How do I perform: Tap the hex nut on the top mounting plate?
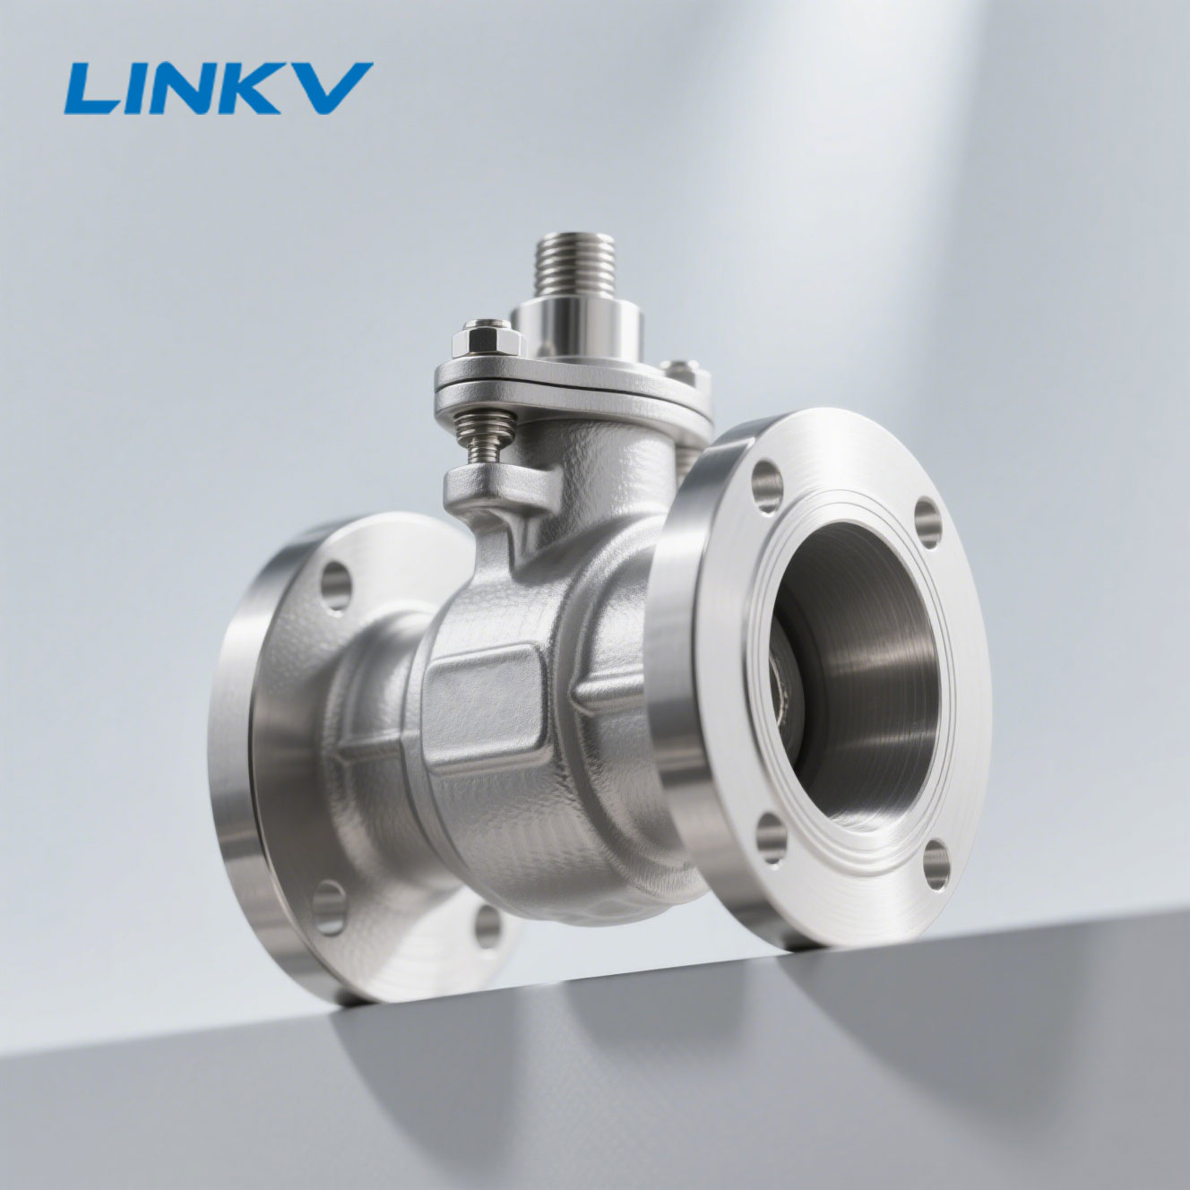(487, 339)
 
